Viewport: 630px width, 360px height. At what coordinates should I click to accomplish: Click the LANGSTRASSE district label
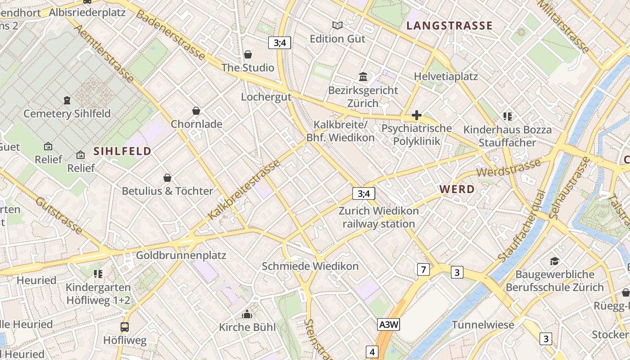(x=450, y=26)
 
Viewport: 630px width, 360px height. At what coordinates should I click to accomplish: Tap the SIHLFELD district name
(x=122, y=151)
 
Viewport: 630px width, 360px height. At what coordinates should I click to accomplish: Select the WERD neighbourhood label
(x=457, y=189)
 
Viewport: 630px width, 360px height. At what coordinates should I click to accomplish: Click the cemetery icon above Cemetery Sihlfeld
(x=67, y=100)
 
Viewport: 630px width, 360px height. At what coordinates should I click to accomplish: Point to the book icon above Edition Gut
(x=337, y=26)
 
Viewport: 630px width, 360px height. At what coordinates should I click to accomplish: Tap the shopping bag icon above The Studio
(x=247, y=55)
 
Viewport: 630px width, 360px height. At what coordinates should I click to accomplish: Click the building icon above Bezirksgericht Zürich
(x=363, y=77)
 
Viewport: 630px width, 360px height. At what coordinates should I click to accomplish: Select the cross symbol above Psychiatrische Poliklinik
(x=416, y=115)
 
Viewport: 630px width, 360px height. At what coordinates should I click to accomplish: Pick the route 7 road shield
(x=423, y=270)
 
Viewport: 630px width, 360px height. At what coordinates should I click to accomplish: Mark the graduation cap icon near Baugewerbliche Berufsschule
(x=554, y=261)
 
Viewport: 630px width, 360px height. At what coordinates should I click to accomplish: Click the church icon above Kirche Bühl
(x=247, y=314)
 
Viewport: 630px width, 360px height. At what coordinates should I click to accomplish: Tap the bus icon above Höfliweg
(x=125, y=327)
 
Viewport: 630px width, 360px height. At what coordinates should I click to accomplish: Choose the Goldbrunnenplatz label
(x=181, y=255)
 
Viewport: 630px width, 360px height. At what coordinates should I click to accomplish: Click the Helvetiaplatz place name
(x=445, y=76)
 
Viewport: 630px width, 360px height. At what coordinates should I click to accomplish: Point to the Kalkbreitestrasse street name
(x=244, y=190)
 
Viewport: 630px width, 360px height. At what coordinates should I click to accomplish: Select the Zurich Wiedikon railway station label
(x=378, y=217)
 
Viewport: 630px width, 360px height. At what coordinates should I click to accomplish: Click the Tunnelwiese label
(x=482, y=325)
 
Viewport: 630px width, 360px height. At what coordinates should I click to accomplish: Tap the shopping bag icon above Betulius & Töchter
(x=167, y=178)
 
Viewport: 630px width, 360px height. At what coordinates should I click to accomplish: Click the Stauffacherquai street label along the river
(x=522, y=226)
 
